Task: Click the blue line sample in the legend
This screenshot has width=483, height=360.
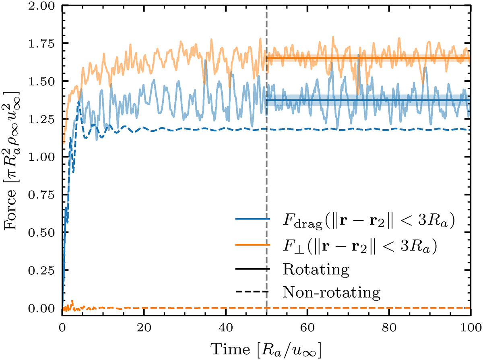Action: coord(252,220)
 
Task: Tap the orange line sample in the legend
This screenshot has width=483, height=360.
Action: coord(252,244)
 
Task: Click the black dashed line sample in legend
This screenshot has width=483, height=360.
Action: coord(252,293)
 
